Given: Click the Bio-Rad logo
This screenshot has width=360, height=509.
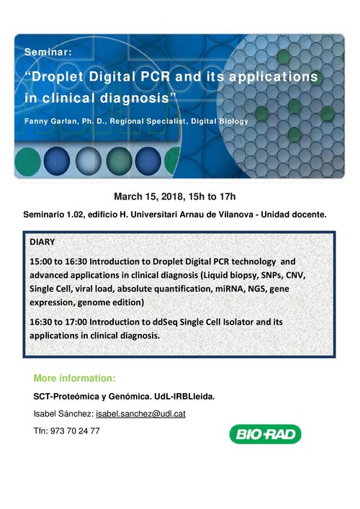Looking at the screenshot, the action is coord(265,434).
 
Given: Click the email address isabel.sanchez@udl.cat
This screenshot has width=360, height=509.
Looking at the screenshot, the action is coord(140,414).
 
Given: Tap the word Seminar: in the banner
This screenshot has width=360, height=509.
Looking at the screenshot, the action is coord(48,52).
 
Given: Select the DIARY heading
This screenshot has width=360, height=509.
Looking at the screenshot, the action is coord(42,242).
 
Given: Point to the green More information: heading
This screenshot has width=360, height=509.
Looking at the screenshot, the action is coord(75,378).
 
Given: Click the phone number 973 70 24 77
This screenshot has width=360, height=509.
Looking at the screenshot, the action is coord(75,431).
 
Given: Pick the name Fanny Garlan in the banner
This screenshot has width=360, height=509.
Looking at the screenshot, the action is coord(51,122).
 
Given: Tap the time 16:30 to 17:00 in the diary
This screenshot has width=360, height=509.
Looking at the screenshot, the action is coord(58,322).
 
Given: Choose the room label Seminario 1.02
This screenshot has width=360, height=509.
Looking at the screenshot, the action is coord(53,215).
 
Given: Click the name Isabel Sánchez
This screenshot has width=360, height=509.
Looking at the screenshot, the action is coord(63,414).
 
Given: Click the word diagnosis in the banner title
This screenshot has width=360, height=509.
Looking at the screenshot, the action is coord(135,98).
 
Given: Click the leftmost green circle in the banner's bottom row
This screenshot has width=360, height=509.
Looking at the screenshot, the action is coord(27,162).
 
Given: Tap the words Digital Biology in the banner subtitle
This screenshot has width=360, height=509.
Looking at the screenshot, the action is coord(220,122).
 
